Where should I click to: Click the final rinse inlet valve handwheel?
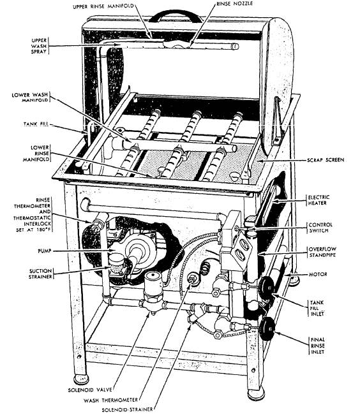point(269,327)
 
